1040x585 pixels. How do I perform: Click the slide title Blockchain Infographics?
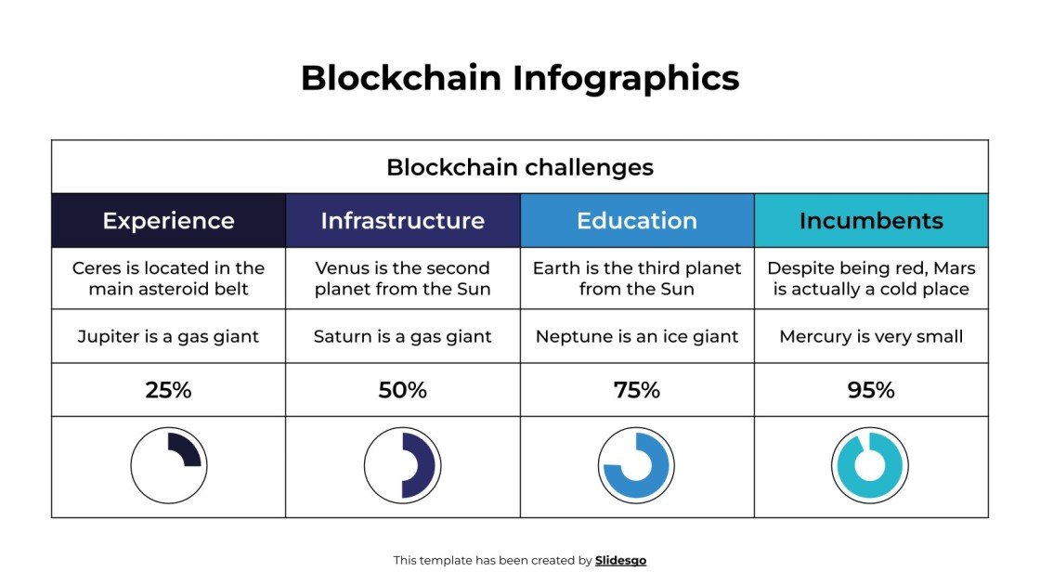[520, 78]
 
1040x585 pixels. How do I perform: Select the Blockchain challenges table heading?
[520, 167]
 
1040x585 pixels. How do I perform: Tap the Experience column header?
[168, 221]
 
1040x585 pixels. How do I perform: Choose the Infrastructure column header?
[402, 221]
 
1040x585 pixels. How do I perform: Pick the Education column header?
[637, 221]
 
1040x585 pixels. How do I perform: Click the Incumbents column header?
[871, 221]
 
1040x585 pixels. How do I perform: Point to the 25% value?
[168, 390]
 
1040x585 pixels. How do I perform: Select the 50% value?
[402, 390]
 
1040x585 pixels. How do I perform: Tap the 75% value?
[637, 390]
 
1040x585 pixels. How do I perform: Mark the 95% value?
[871, 390]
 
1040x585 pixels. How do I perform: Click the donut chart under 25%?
[168, 465]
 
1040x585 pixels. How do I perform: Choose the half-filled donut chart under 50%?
[402, 465]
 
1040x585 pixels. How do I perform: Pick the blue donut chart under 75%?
[637, 465]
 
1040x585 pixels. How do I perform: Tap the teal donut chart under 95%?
[870, 465]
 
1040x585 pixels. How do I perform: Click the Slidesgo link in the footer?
[620, 560]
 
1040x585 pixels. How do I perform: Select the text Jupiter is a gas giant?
[168, 336]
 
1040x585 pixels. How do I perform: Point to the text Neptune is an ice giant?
[637, 336]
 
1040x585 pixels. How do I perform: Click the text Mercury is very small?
[871, 336]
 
